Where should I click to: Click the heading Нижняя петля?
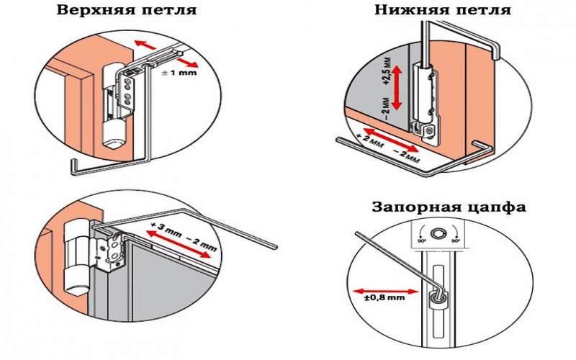pos(442,11)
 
